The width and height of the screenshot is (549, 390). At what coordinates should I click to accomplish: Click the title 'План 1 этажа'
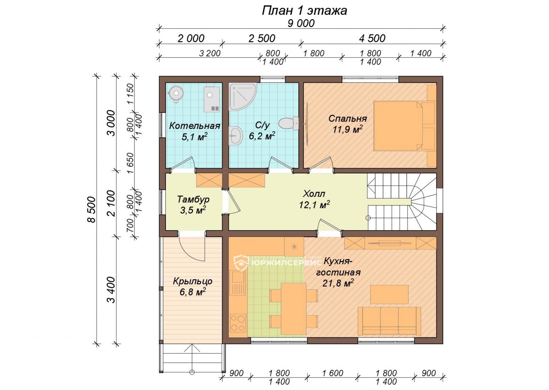point(304,11)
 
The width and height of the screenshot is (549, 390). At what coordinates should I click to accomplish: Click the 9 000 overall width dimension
point(301,24)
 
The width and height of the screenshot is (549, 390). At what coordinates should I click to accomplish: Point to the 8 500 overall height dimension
point(91,209)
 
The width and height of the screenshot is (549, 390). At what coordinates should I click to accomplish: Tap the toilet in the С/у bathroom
point(289,123)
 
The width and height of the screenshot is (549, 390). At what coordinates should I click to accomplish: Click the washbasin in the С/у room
point(235,136)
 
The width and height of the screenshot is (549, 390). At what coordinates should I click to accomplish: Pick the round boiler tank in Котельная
point(176,94)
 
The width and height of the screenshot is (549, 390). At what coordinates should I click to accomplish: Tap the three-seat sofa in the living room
point(389,321)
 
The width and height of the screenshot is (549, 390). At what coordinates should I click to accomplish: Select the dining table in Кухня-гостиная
point(293,309)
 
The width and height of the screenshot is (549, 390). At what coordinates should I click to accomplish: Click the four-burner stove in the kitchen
point(238,323)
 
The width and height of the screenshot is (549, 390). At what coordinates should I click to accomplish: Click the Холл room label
point(314,194)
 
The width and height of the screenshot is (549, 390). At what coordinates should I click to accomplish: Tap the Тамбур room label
point(193,199)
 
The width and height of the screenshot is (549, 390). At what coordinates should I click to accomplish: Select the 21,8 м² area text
point(338,283)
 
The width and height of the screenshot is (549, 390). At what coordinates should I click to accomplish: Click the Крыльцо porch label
point(193,281)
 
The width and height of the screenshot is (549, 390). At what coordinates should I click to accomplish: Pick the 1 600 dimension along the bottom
point(333,373)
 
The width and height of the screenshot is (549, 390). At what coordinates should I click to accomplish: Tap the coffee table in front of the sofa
point(389,294)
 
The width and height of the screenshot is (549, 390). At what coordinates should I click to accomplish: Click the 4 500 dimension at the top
point(372,38)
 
